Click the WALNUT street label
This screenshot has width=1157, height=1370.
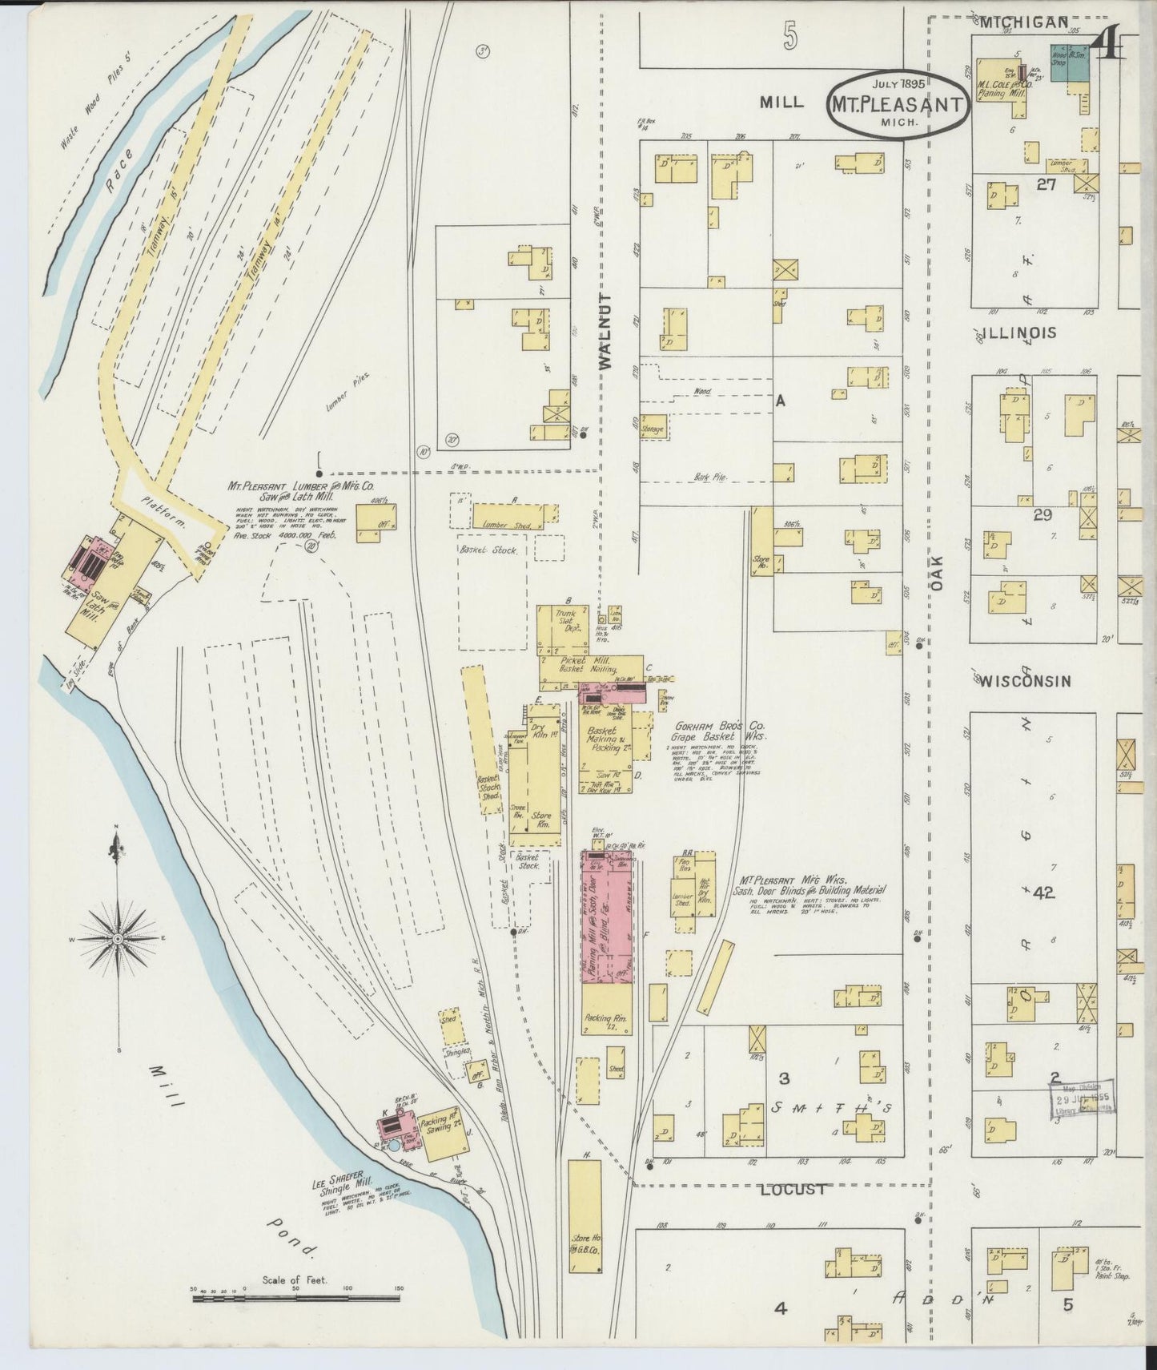pos(605,331)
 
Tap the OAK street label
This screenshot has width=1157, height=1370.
pos(937,575)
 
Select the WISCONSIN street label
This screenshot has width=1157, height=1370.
pos(1026,681)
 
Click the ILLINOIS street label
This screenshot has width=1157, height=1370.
pos(1019,332)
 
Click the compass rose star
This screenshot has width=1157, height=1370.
pos(118,938)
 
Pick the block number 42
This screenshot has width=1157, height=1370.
pos(1042,893)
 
